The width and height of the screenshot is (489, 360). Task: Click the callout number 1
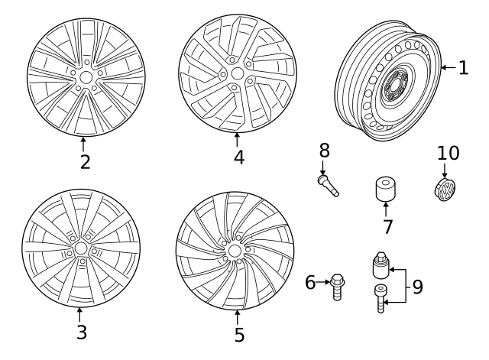[463, 68]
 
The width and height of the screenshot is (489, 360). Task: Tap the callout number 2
[85, 161]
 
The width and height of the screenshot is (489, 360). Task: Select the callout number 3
[81, 332]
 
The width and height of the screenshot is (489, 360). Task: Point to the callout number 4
[239, 157]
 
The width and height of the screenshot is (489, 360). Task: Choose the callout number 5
[238, 334]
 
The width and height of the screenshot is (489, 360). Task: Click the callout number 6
[310, 283]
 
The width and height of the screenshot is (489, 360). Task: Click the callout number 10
[449, 153]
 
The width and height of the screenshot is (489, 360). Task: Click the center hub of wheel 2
[85, 77]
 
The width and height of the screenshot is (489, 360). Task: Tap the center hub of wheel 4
[237, 74]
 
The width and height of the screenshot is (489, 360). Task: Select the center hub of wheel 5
[234, 251]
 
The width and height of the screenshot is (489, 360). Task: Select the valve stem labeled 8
[328, 185]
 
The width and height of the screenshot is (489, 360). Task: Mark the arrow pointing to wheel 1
[447, 69]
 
